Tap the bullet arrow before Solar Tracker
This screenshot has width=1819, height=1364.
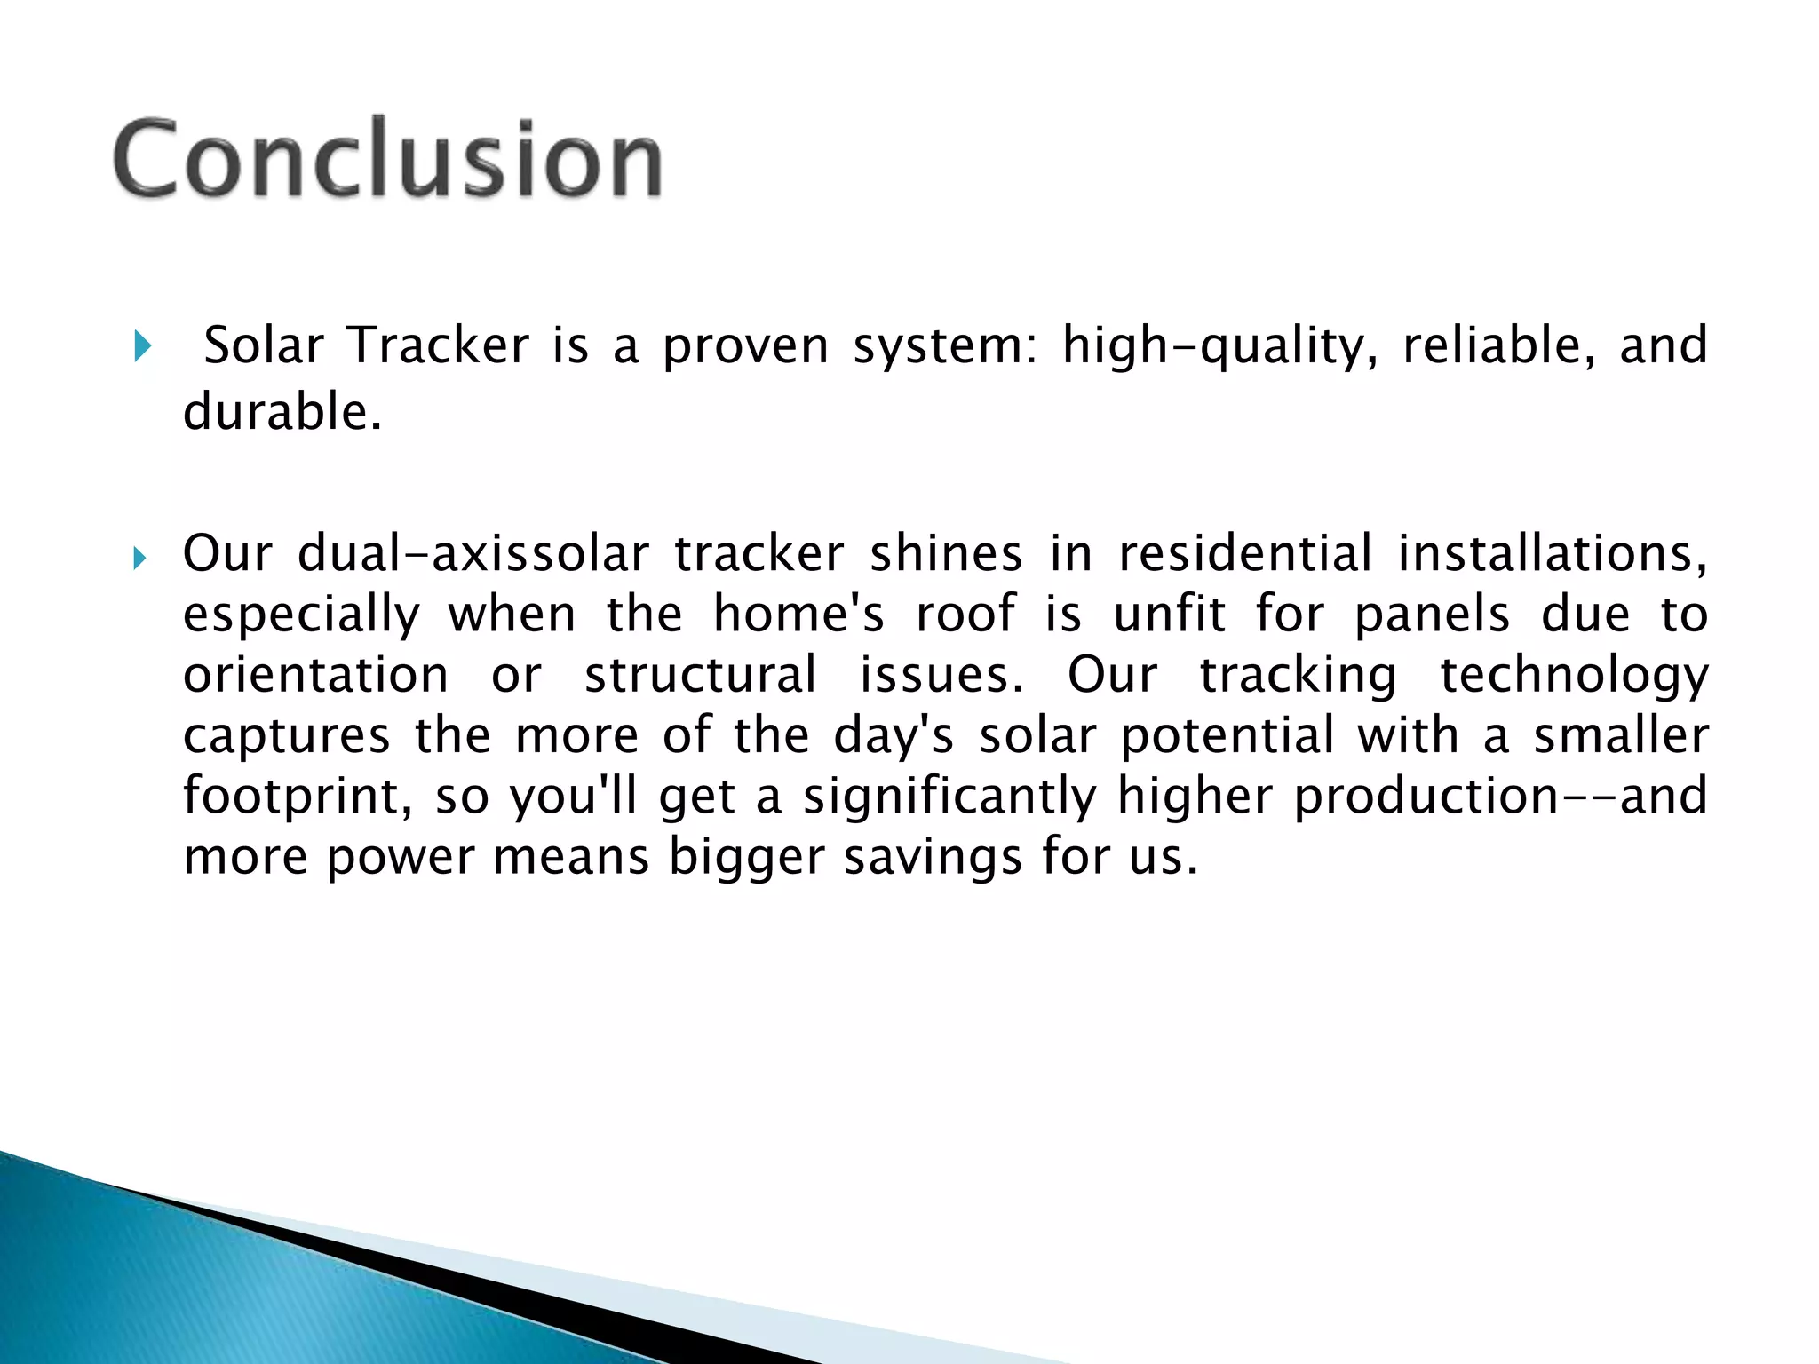click(x=141, y=345)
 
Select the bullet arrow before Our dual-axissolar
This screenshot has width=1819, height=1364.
click(x=139, y=559)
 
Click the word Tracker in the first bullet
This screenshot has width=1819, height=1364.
click(x=438, y=345)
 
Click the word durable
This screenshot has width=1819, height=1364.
click(x=282, y=413)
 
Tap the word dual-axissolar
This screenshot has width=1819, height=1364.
click(x=473, y=554)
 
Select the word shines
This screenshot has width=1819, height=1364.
click(x=945, y=554)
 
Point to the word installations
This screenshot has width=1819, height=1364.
click(x=1552, y=554)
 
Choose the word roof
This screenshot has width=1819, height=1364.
click(x=965, y=615)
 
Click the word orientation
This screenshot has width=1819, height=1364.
click(x=315, y=675)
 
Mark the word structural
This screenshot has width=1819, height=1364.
click(x=700, y=675)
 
